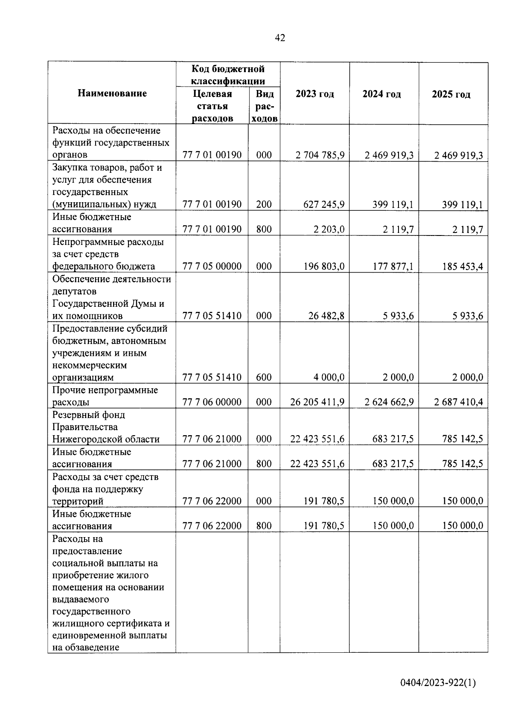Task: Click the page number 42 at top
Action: click(x=280, y=38)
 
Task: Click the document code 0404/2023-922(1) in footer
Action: click(x=438, y=683)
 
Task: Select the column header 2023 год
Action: click(x=314, y=94)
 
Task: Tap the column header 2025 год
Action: click(x=451, y=94)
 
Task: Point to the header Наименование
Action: click(x=112, y=93)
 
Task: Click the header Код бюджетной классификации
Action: click(x=228, y=75)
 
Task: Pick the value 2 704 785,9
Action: click(x=320, y=155)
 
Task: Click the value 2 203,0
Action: click(x=329, y=230)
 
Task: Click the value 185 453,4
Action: click(x=463, y=267)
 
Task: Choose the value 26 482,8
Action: click(x=326, y=316)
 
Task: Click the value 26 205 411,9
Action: click(x=317, y=402)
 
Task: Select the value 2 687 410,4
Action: click(x=459, y=402)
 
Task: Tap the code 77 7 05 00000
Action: click(x=212, y=267)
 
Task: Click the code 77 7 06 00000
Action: click(x=212, y=402)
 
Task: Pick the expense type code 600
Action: click(x=264, y=378)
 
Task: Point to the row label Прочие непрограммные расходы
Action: click(x=105, y=396)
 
